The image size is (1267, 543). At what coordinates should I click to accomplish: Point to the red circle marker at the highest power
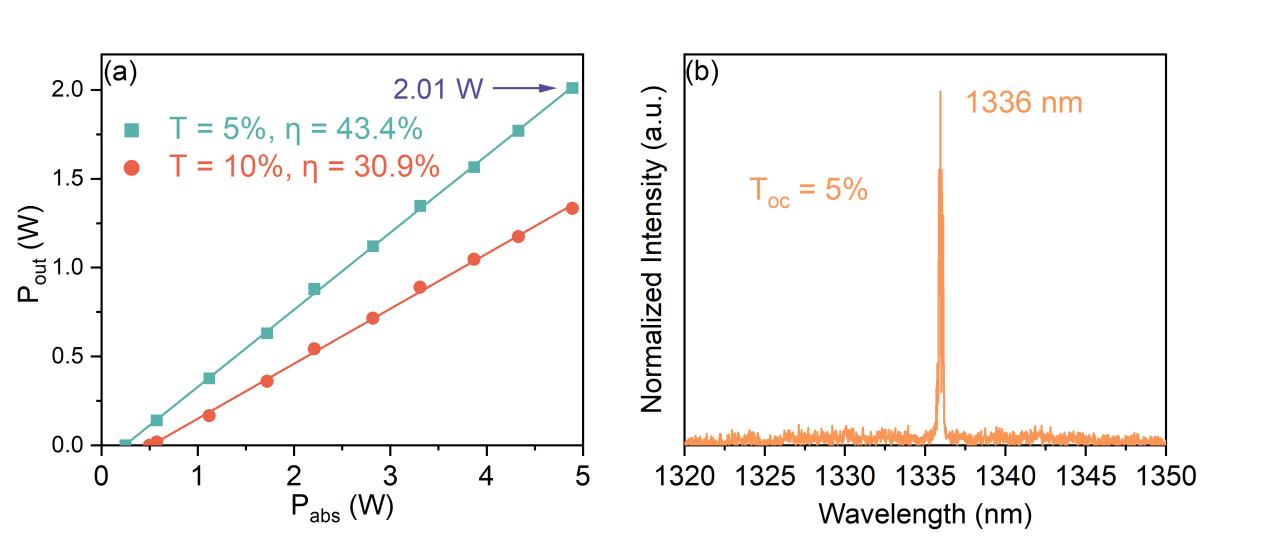coord(572,208)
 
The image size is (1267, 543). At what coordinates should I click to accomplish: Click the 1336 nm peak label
coord(1024,102)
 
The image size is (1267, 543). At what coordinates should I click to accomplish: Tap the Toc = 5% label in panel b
coord(808,189)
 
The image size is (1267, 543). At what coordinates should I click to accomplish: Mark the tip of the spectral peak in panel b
coord(940,93)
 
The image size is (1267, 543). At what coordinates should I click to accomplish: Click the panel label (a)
coord(120,72)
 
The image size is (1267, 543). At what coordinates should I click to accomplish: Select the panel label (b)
coord(703,72)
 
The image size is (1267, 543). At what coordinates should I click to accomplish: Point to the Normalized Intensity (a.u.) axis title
coord(653,264)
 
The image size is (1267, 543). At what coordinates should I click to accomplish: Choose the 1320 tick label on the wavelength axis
coord(685,475)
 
